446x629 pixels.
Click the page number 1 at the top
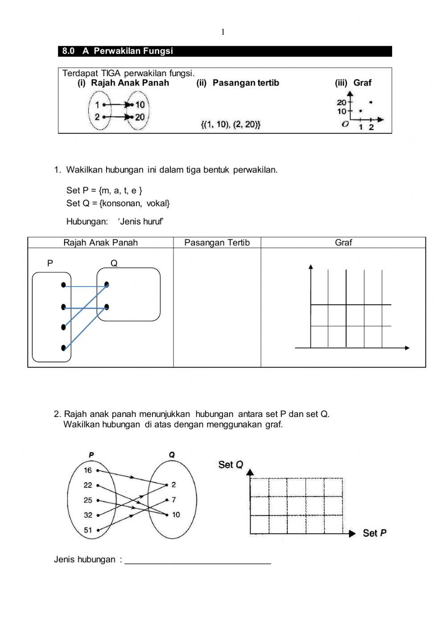click(223, 32)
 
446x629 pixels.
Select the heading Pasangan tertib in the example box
click(246, 83)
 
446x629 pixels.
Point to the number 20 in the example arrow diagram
click(140, 117)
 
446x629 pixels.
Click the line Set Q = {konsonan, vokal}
click(118, 204)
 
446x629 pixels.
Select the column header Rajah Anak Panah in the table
click(100, 243)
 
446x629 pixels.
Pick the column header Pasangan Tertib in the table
click(217, 243)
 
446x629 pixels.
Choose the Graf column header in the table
click(343, 243)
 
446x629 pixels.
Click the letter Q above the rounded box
click(114, 263)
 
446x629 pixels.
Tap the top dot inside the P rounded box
click(64, 285)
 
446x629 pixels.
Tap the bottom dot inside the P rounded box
click(64, 348)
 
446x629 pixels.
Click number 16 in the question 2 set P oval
click(88, 470)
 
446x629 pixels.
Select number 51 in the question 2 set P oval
click(88, 530)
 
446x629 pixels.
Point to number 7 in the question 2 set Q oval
click(173, 500)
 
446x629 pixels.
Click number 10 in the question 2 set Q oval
click(176, 515)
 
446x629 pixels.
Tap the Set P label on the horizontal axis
click(375, 533)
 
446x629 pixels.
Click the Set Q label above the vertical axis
click(231, 465)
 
